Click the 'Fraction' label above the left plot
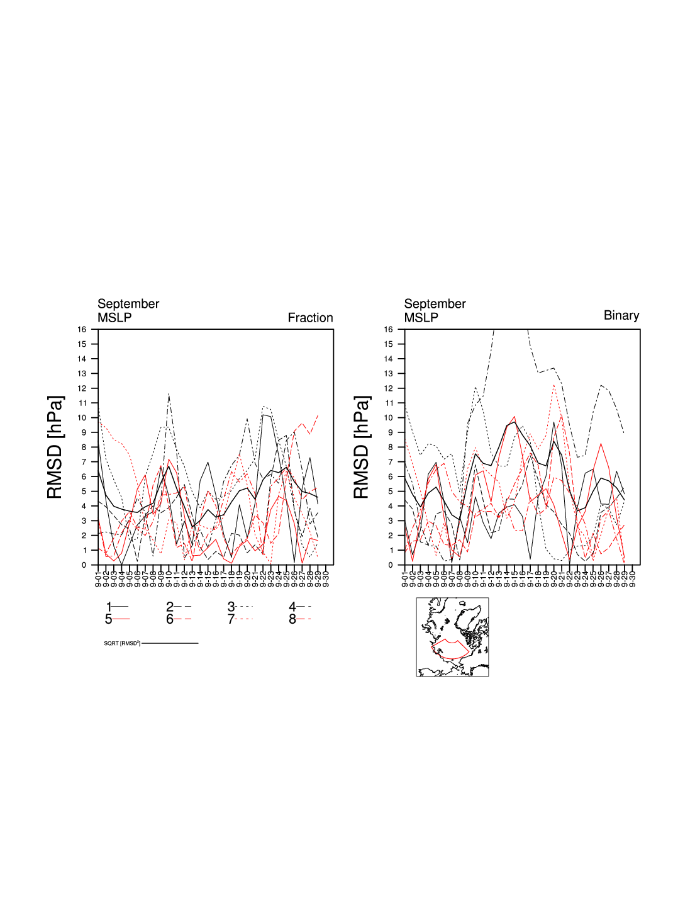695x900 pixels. [x=310, y=318]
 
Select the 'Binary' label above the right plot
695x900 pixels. [x=621, y=315]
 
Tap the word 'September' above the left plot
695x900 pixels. [x=128, y=304]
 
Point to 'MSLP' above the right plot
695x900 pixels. [x=421, y=318]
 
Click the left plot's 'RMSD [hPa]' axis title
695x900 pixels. [x=55, y=447]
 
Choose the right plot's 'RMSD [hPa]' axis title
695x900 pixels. [x=362, y=447]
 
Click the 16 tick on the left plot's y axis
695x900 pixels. [x=82, y=330]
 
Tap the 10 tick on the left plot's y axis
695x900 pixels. [x=82, y=418]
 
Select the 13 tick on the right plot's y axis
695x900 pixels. [x=389, y=374]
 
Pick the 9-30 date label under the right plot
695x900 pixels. [x=633, y=577]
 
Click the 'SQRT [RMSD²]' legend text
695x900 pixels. [x=122, y=643]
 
